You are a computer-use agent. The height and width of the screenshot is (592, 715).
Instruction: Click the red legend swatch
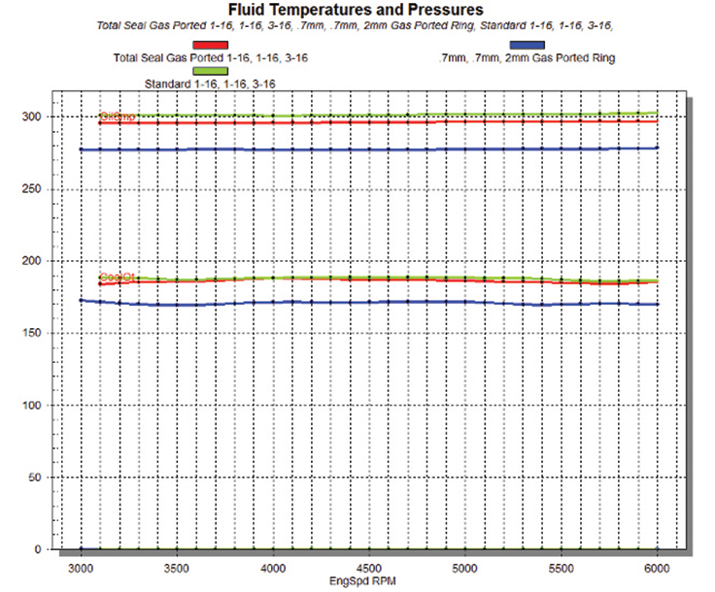pos(211,45)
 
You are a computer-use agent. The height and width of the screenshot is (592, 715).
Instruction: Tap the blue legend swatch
pos(528,45)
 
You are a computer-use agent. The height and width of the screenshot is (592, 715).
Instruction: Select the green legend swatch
pos(211,71)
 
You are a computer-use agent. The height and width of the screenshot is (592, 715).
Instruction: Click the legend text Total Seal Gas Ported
pos(210,58)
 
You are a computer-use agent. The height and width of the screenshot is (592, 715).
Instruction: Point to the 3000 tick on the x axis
pos(82,567)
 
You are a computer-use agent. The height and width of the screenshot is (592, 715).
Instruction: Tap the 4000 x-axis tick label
pos(274,567)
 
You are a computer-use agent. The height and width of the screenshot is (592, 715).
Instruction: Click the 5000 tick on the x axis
pos(465,567)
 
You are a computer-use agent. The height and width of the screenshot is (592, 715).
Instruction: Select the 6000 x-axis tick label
pos(658,567)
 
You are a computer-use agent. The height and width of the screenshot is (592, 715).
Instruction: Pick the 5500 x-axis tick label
pos(562,567)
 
